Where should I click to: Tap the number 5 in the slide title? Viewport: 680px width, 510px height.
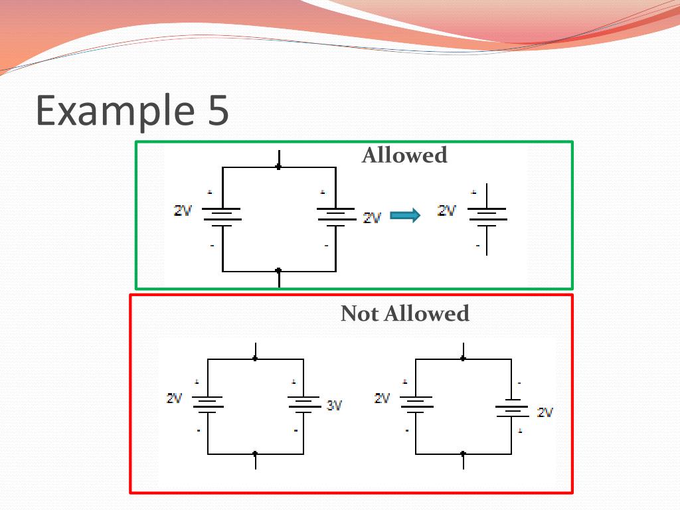[x=215, y=110]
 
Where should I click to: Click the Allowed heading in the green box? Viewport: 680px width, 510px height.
[x=404, y=155]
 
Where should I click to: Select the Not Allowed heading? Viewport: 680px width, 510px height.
[x=404, y=313]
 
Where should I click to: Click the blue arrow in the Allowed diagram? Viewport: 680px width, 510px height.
[x=405, y=215]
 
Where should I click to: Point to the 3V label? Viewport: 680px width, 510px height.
[x=334, y=405]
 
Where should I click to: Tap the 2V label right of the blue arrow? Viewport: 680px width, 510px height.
[x=447, y=211]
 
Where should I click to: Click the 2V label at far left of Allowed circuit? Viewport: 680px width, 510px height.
[x=183, y=211]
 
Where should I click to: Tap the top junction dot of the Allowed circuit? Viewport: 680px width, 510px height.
[x=278, y=167]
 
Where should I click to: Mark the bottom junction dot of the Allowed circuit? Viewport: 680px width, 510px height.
[x=278, y=271]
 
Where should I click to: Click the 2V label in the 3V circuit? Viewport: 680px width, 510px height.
[x=174, y=398]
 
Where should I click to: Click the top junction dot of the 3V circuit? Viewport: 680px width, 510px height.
[x=255, y=359]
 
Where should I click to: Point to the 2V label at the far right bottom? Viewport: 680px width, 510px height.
[x=545, y=412]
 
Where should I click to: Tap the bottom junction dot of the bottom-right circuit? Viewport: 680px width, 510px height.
[x=463, y=454]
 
